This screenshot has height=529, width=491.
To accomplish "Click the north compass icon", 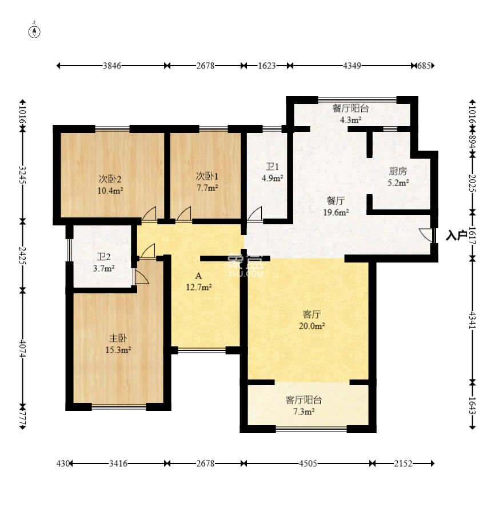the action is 35,30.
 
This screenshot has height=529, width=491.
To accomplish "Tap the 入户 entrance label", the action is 456,235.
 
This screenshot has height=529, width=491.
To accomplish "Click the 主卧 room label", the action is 118,338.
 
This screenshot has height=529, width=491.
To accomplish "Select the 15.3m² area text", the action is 118,350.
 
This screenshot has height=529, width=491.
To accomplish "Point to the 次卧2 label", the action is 110,179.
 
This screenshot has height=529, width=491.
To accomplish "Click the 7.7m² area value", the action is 207,188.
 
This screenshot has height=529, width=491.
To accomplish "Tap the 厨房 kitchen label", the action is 398,171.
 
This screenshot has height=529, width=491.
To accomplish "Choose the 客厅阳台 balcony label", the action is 303,400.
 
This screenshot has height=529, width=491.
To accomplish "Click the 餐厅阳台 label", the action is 350,108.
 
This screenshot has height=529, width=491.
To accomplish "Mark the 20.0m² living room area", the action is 312,326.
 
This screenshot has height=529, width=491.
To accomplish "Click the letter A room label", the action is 198,276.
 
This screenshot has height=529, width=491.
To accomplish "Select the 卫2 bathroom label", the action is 103,257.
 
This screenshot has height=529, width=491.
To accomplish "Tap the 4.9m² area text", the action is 272,178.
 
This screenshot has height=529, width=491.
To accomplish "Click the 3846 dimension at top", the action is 112,66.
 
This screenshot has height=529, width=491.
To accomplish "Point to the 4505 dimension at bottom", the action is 308,463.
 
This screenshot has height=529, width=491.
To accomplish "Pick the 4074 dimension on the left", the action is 23,348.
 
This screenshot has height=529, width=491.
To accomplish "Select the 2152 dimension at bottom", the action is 403,463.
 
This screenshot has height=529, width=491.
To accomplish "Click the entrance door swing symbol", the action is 426,235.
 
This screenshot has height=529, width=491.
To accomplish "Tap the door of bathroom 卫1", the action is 254,214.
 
